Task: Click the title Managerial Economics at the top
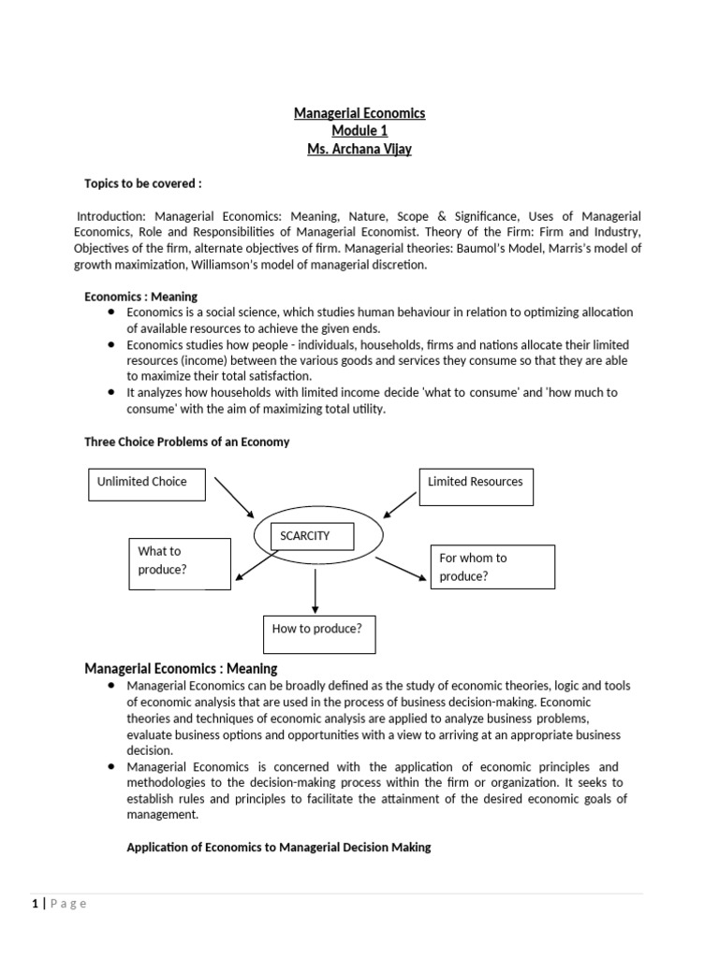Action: point(359,113)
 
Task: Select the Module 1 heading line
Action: point(359,131)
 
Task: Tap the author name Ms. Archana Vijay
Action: point(359,149)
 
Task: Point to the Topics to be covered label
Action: point(143,183)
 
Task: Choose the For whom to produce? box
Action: point(492,567)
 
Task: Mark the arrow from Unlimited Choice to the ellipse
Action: point(234,497)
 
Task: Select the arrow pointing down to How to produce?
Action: point(316,591)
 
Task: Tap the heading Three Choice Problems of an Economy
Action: point(187,442)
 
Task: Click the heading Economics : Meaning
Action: point(141,297)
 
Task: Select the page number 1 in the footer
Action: point(36,903)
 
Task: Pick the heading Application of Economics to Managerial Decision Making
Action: point(279,848)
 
